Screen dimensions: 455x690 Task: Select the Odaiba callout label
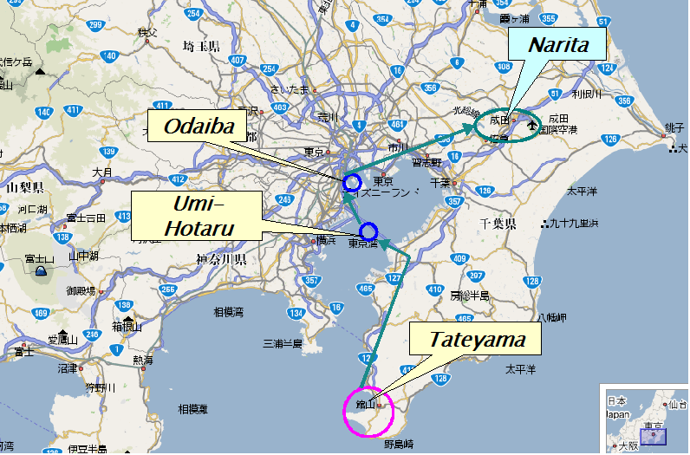[x=200, y=128]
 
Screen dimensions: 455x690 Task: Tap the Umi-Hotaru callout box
[x=196, y=216]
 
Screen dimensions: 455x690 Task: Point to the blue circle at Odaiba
[x=351, y=183]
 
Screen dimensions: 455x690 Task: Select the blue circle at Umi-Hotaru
[x=368, y=231]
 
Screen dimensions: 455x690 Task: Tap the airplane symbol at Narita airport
[x=531, y=127]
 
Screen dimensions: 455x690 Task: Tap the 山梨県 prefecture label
[x=25, y=187]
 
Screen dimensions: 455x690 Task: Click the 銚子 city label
[x=675, y=127]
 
